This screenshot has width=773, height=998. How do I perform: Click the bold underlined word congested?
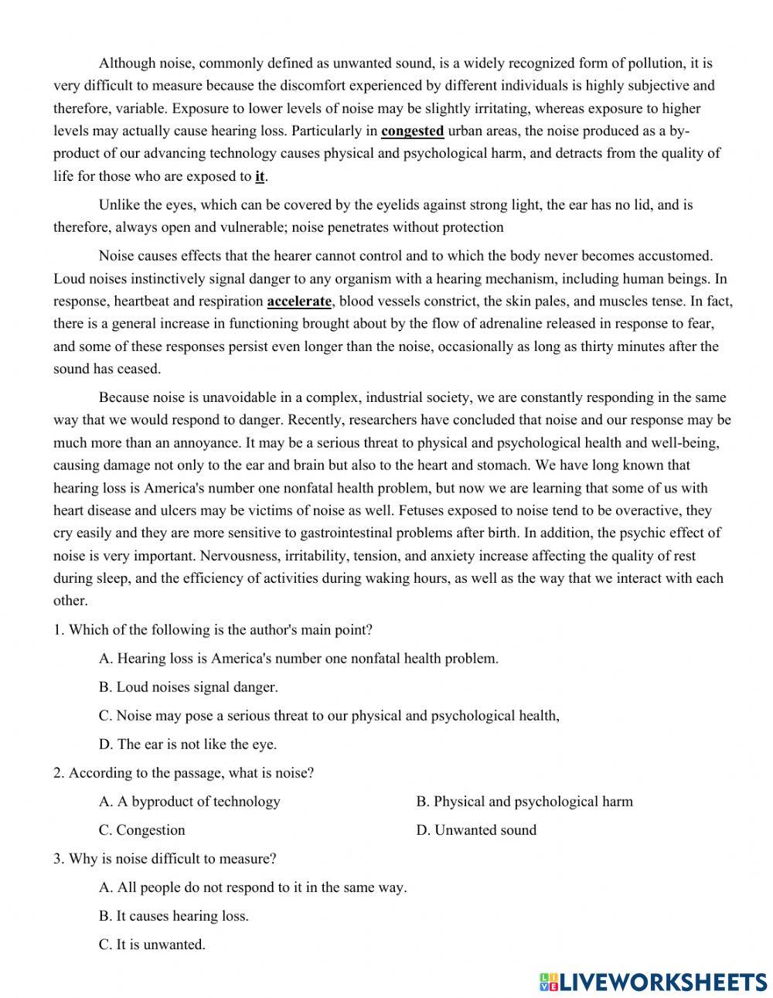(412, 131)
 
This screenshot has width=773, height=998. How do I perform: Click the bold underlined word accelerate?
(299, 301)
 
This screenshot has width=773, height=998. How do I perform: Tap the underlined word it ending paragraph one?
(260, 176)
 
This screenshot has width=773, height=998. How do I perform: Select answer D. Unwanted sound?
(476, 830)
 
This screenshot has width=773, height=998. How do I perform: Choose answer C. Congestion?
(142, 830)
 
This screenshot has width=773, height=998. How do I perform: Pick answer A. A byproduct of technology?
(189, 802)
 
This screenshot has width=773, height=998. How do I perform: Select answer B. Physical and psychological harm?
(524, 802)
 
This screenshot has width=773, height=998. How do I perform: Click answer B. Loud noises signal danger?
(189, 687)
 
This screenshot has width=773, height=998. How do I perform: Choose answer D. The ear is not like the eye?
(188, 744)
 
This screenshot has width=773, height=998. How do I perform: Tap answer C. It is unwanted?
(152, 945)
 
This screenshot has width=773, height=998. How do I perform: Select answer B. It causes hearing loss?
(174, 916)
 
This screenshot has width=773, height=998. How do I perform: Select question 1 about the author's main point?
(213, 630)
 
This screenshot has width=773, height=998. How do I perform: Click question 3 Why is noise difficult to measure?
(165, 859)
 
